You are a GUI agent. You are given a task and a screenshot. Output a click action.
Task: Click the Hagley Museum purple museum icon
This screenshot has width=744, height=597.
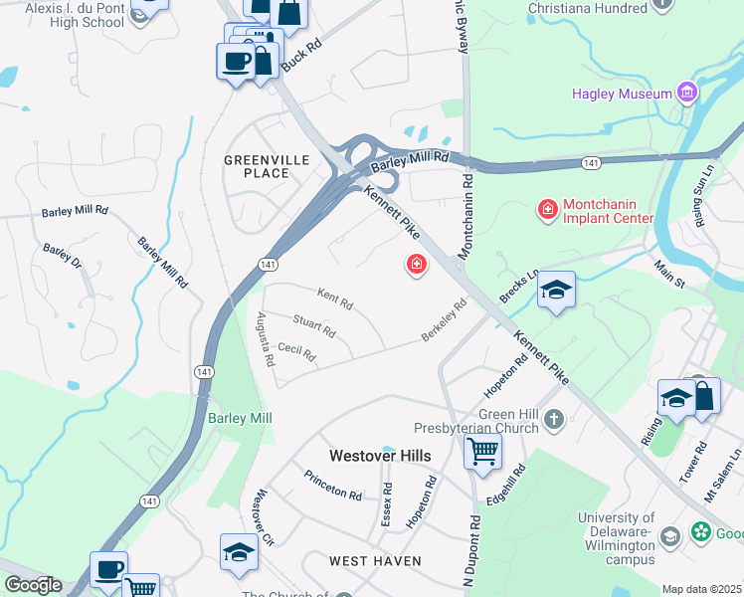pos(685,94)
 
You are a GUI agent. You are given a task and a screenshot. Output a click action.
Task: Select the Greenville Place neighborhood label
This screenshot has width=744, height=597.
pos(257,166)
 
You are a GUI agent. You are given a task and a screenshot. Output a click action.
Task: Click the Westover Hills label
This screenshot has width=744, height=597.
pos(380,455)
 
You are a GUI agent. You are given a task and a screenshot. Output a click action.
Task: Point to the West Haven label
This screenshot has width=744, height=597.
pos(375,561)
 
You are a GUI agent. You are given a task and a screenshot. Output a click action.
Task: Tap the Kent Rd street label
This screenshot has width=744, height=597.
pos(334,296)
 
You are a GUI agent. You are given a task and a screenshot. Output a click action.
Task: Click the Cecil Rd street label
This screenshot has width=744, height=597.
pos(296,350)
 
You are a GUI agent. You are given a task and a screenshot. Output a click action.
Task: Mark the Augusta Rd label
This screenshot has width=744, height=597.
pos(265,337)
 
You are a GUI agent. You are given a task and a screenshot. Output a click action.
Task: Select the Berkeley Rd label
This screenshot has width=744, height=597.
pos(444,320)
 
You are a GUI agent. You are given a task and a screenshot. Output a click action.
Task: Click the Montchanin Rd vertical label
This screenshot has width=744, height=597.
pos(465,204)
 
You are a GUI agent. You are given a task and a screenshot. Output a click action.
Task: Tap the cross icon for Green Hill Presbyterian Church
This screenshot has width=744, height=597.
pos(554,422)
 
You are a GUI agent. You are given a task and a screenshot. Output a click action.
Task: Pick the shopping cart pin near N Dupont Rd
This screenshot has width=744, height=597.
pos(483,452)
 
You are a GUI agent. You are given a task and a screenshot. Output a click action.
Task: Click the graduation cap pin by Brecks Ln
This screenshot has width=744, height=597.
pos(556,290)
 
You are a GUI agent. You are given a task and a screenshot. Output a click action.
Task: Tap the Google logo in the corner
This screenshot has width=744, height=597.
pos(32,585)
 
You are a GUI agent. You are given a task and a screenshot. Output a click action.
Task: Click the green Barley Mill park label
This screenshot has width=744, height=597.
pos(239,419)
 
